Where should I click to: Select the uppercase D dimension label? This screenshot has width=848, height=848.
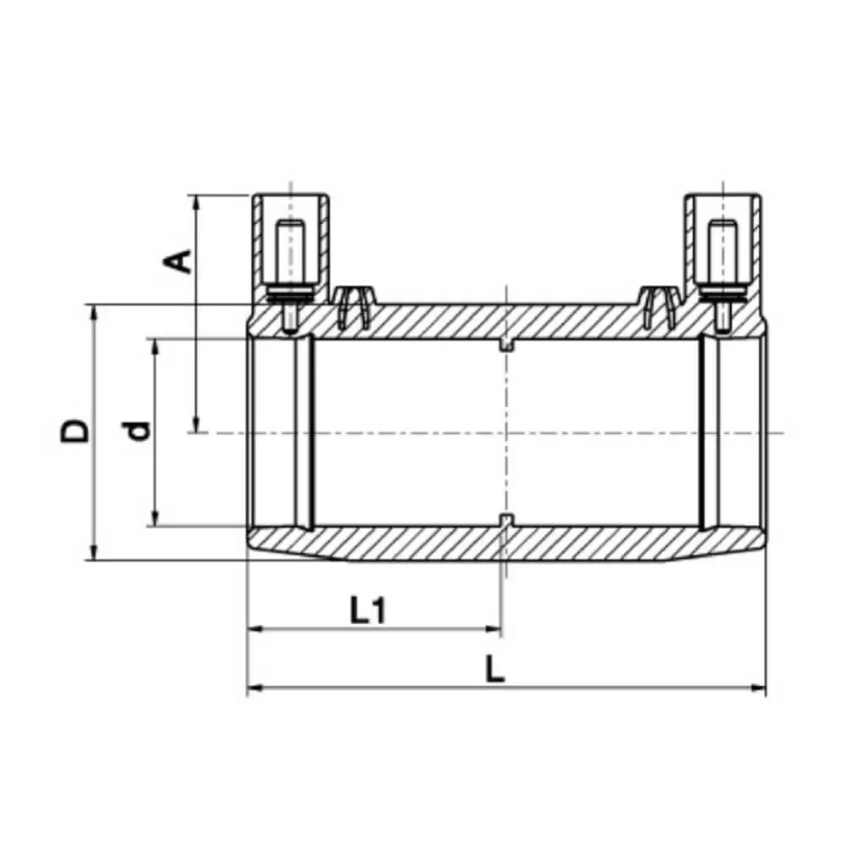point(75,431)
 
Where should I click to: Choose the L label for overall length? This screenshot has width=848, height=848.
point(495,671)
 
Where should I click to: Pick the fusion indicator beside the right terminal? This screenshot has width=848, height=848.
point(659,306)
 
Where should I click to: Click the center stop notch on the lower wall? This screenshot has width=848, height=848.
point(506,520)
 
